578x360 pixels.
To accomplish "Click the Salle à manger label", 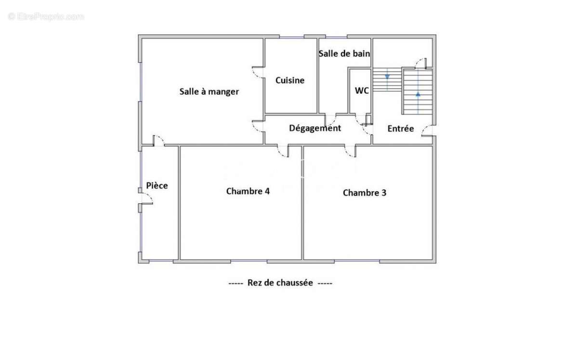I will point(209,91).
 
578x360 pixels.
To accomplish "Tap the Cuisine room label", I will point(290,80).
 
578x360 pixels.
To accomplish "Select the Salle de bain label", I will point(344,53).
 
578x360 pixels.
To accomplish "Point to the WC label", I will point(362,90).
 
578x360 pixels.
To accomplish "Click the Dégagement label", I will point(315,128).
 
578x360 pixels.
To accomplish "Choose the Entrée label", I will point(401,129).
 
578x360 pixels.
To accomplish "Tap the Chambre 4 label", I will point(248,191).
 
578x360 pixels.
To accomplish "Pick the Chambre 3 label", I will point(365,193).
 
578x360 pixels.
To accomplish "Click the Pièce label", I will point(157,185).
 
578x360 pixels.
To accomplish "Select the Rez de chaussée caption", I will point(280,283).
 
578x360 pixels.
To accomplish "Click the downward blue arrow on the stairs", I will point(387,76).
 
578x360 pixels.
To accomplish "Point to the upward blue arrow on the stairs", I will point(418,94).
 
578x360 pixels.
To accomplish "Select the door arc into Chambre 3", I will point(350,151).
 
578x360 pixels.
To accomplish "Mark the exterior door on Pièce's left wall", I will point(145,198).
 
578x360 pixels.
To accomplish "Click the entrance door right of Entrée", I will point(426,130).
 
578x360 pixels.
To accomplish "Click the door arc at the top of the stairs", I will point(421,63).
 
